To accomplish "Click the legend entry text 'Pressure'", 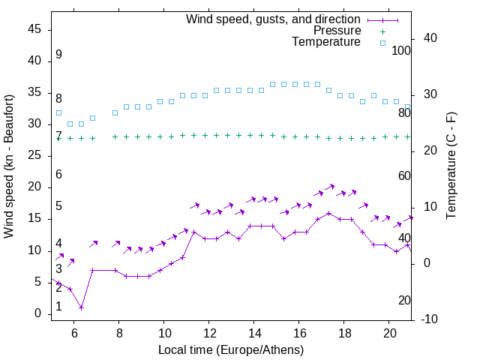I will (337, 31).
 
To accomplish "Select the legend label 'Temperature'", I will (326, 42).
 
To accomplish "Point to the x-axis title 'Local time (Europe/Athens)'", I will (231, 350).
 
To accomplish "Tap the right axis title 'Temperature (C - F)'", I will (451, 166).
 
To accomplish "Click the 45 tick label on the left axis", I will (34, 29).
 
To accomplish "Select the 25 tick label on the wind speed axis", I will (34, 156).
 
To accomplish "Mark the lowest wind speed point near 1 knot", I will (81, 307).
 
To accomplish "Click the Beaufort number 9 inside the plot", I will (58, 55).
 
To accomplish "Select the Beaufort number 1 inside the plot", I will (58, 307).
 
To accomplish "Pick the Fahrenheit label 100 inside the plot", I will (402, 51).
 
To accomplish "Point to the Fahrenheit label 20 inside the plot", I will (405, 301).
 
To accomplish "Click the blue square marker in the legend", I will (382, 43).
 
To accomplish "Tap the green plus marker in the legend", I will (382, 31).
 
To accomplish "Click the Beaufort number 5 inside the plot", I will (58, 206).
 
